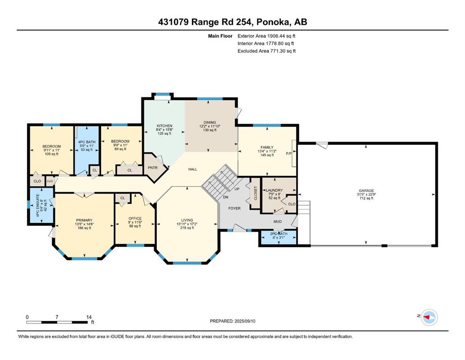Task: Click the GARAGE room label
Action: point(366,190)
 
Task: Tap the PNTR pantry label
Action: point(153,168)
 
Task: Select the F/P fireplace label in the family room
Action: point(288,153)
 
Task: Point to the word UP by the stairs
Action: point(237,189)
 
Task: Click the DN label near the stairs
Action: point(226,197)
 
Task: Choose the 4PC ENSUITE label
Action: point(37,205)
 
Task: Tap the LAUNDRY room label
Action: point(274,190)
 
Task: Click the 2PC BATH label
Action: point(279,234)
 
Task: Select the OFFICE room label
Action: point(135,218)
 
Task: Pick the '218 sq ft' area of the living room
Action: point(187,228)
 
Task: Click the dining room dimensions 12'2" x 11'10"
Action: point(210,126)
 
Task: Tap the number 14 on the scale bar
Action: point(89,317)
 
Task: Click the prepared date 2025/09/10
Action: point(244,321)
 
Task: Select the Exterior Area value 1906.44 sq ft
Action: point(281,36)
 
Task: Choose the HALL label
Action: point(193,169)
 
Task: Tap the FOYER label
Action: point(234,208)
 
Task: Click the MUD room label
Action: point(278,221)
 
